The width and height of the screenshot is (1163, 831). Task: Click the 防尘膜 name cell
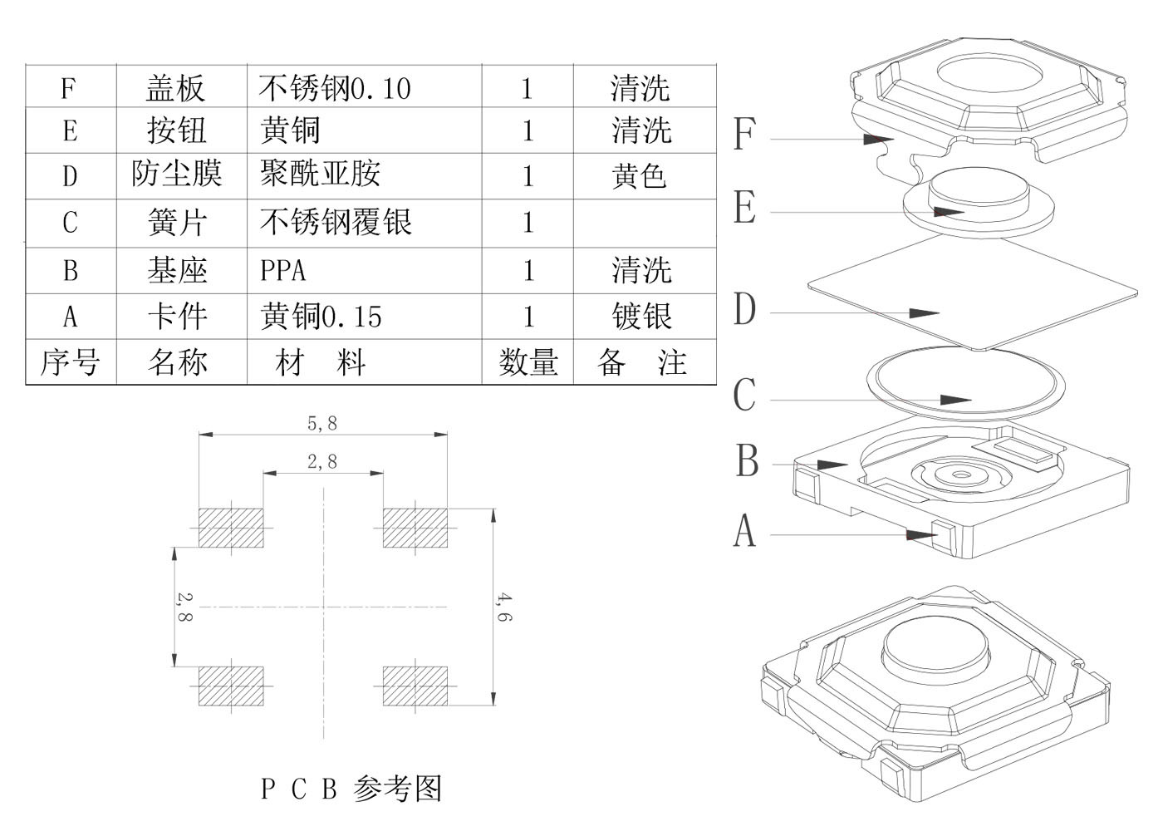point(177,175)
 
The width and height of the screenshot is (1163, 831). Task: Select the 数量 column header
point(528,362)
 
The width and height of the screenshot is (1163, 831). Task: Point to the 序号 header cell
point(70,362)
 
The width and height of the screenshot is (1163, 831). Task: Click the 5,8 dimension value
point(322,423)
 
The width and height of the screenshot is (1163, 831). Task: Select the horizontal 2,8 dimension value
point(322,461)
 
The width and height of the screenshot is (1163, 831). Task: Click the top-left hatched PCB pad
point(231,527)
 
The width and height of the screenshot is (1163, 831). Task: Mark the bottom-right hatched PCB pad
point(415,686)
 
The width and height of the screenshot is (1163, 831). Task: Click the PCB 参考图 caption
point(351,788)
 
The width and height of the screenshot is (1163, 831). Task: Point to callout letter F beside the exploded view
point(744,135)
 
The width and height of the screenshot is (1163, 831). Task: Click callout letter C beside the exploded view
point(744,395)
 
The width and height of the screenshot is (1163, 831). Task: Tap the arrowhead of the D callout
point(925,313)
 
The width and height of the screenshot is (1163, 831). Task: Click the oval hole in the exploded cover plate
point(990,72)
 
